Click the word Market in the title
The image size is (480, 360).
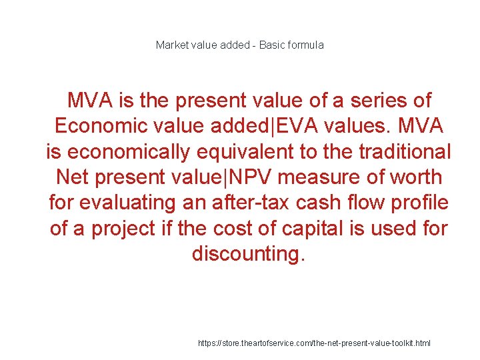170,45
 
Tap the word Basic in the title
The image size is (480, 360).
271,45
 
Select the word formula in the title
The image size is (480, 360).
305,45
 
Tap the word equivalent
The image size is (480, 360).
251,152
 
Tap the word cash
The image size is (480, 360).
331,203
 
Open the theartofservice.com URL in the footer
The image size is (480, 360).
315,343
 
